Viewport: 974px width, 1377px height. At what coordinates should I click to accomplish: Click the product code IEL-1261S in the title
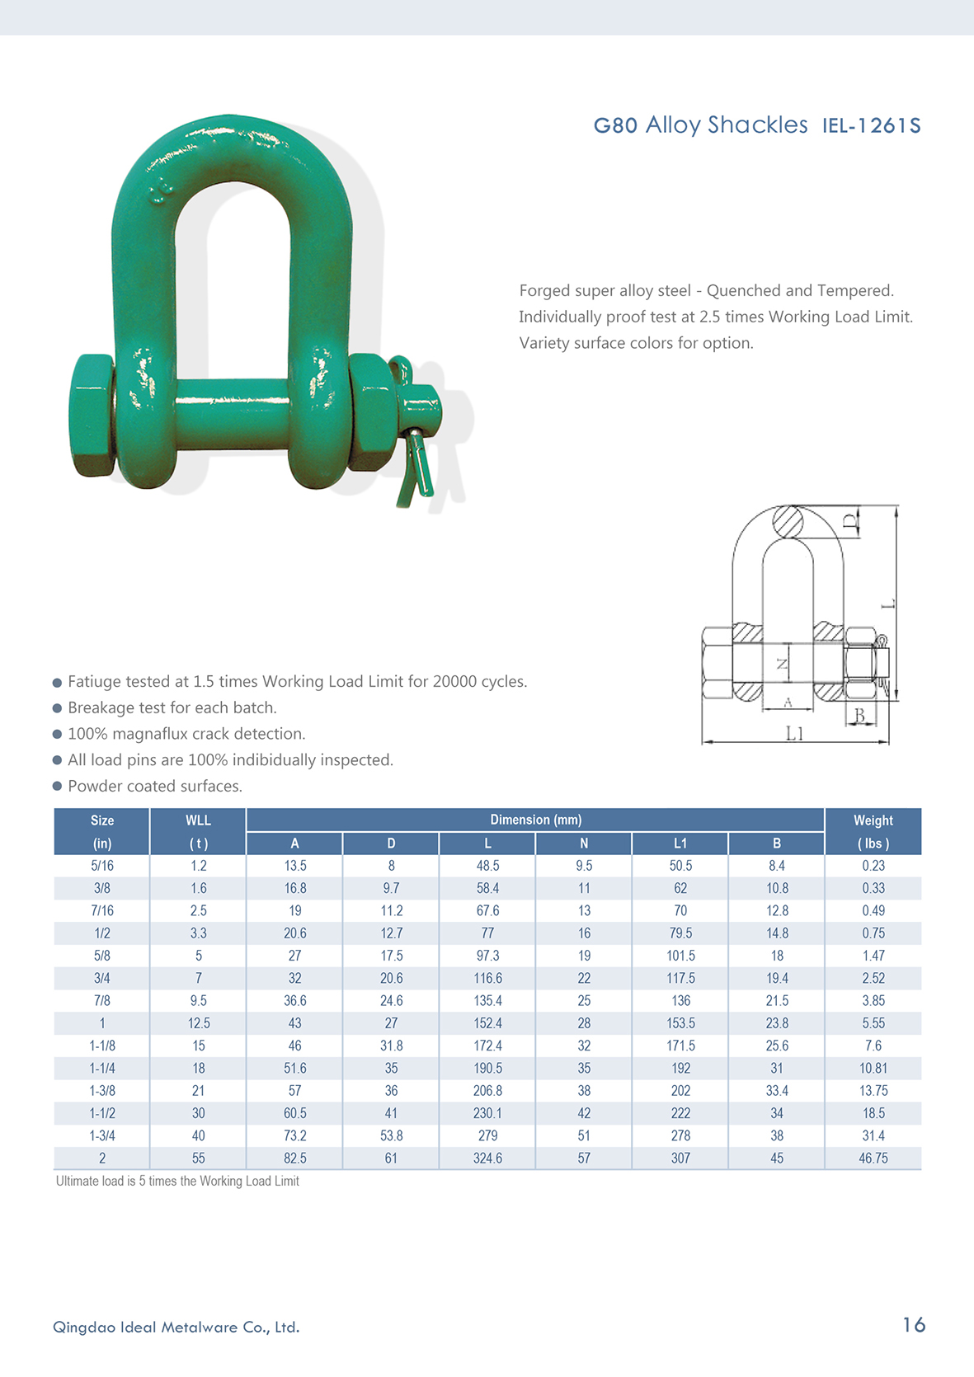point(871,126)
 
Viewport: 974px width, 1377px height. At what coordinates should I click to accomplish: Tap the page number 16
point(914,1325)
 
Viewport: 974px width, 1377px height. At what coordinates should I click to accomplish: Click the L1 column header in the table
point(680,844)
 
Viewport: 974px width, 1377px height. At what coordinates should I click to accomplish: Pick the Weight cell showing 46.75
point(873,1158)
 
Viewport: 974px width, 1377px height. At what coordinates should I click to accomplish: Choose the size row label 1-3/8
point(102,1091)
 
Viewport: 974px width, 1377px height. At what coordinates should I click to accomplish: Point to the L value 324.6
point(487,1158)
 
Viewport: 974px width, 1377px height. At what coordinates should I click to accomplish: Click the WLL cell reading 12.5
point(198,1023)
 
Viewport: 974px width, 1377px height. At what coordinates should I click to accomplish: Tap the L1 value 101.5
point(680,956)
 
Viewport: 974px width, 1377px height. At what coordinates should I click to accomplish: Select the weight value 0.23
point(873,866)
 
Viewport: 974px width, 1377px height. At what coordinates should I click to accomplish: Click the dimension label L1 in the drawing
point(794,733)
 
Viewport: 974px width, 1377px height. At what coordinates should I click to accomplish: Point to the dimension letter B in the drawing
point(860,716)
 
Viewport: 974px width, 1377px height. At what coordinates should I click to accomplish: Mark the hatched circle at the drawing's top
point(788,522)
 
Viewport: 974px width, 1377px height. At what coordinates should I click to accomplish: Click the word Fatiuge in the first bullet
point(95,682)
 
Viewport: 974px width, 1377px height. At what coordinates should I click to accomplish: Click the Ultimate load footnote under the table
point(177,1182)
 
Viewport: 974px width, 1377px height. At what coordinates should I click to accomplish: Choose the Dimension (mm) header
point(535,820)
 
